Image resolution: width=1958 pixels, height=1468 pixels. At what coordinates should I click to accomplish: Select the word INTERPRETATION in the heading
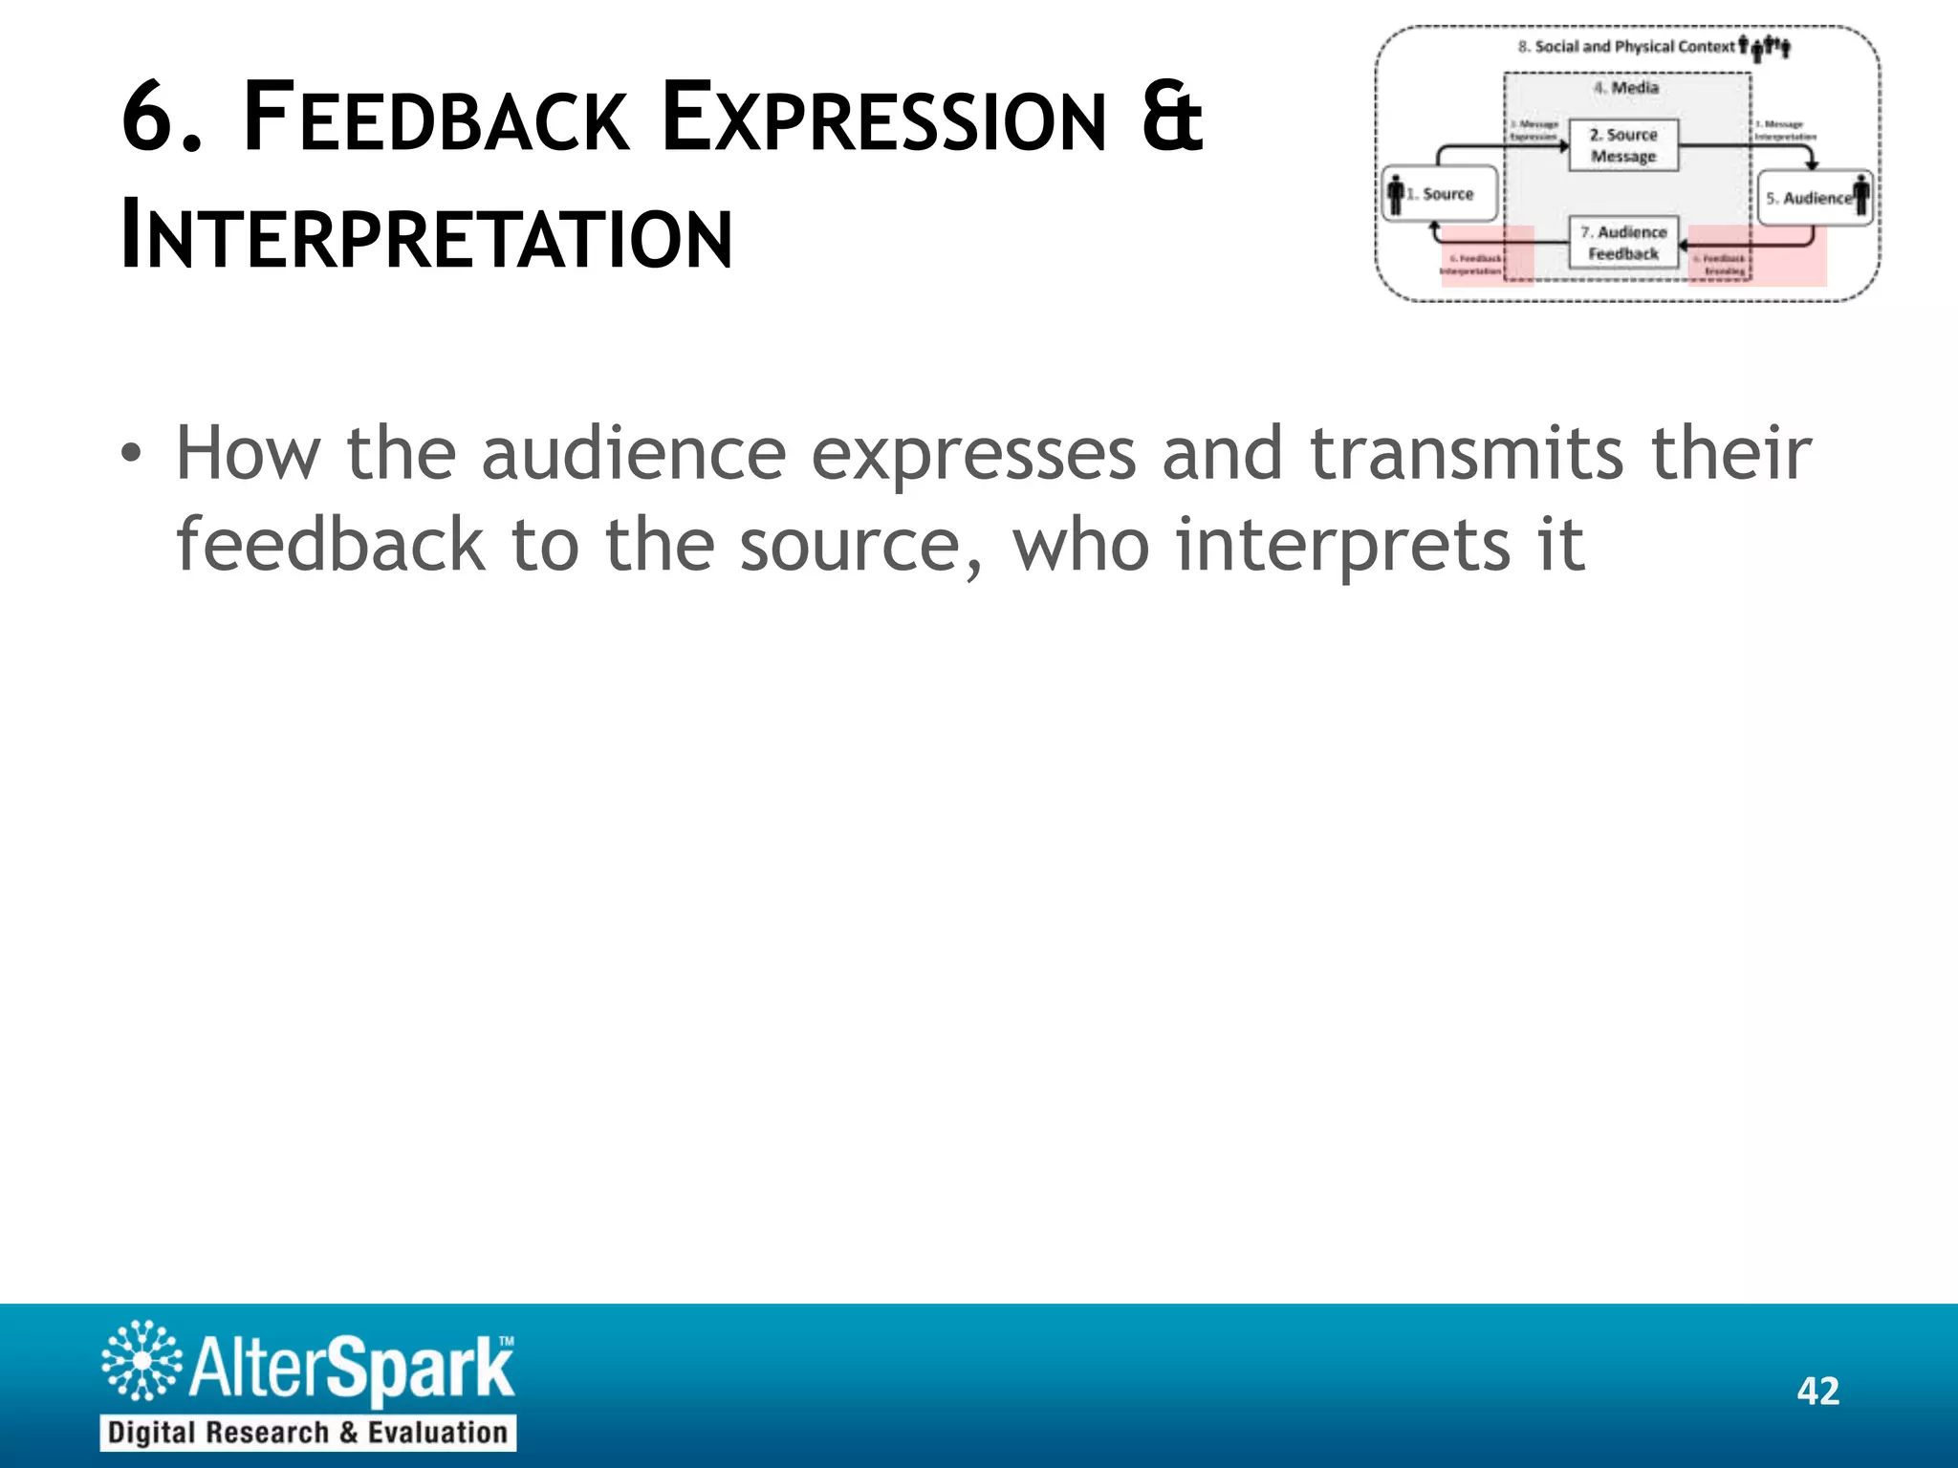pyautogui.click(x=427, y=236)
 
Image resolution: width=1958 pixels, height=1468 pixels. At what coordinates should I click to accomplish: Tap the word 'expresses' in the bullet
pyautogui.click(x=973, y=455)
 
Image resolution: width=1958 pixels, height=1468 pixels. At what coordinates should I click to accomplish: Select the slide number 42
pyautogui.click(x=1817, y=1391)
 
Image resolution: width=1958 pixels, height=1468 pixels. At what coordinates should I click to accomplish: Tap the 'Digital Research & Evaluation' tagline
pyautogui.click(x=308, y=1433)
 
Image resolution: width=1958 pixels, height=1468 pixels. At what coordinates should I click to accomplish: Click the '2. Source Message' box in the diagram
pyautogui.click(x=1623, y=145)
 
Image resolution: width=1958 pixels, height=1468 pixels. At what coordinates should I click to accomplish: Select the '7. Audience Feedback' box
pyautogui.click(x=1623, y=243)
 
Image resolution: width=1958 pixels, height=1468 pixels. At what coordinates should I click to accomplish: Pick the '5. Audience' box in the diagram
pyautogui.click(x=1813, y=198)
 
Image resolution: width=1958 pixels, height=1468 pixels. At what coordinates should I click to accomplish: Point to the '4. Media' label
pyautogui.click(x=1626, y=88)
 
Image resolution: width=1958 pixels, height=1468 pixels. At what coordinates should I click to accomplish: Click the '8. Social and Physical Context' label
pyautogui.click(x=1626, y=47)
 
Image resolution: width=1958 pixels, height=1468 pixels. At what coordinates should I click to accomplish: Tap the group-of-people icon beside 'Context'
pyautogui.click(x=1765, y=47)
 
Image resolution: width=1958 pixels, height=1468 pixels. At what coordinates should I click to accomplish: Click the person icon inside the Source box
pyautogui.click(x=1396, y=194)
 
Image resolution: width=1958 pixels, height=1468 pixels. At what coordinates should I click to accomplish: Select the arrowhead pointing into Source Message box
pyautogui.click(x=1564, y=146)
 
